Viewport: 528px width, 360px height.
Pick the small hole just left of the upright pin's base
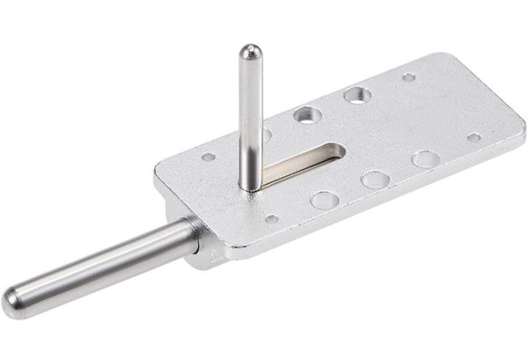pos(209,158)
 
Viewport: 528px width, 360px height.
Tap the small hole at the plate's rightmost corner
pos(473,137)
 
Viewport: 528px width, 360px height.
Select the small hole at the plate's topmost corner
pos(409,77)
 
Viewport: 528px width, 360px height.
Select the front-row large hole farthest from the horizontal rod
pos(425,159)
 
